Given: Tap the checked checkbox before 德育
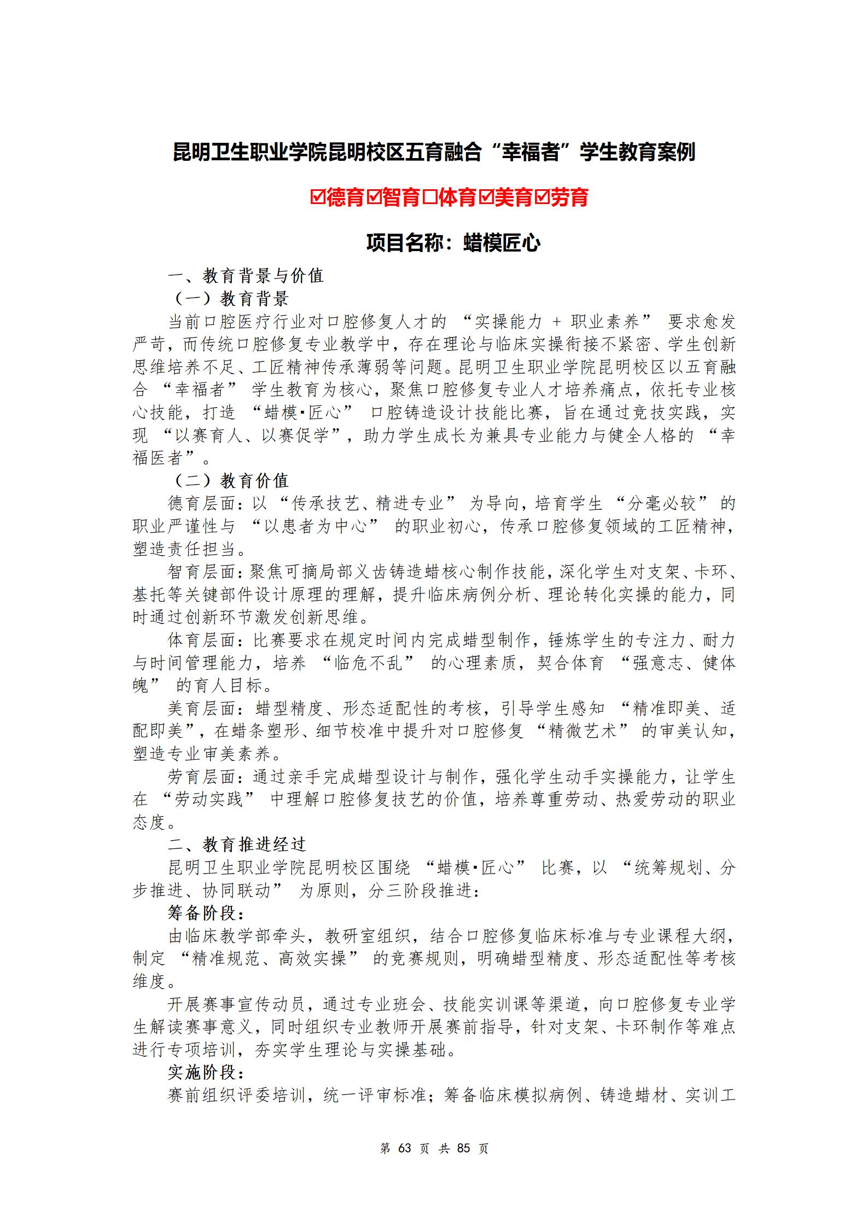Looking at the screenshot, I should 318,197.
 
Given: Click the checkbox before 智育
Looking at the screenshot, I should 374,197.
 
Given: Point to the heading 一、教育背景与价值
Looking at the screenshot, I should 246,276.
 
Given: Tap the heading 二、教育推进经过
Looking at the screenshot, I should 236,845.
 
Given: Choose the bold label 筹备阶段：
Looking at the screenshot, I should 206,913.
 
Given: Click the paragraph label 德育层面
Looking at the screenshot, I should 201,504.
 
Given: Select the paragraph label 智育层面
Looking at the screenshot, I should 201,572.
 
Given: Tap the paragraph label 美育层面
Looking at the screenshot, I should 201,709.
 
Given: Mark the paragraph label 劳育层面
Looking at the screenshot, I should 201,777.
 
